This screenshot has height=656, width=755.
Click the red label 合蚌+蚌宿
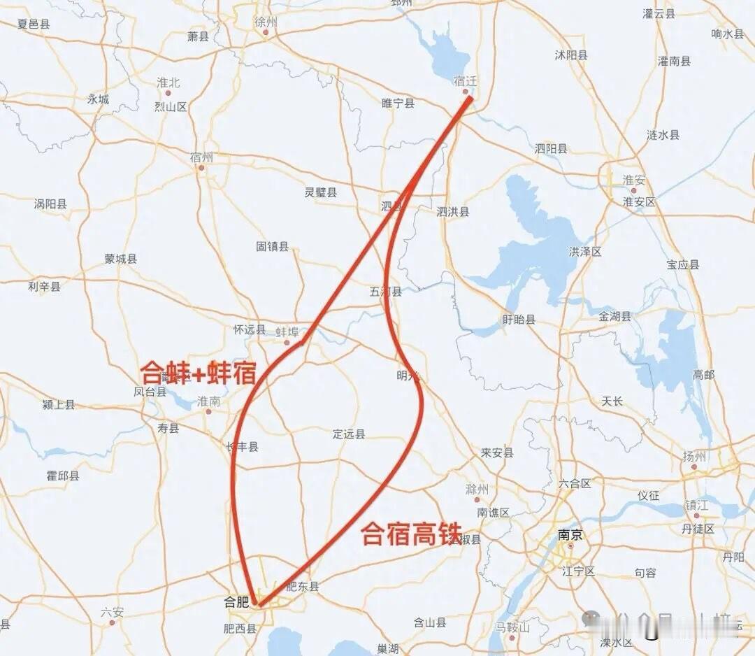coord(199,373)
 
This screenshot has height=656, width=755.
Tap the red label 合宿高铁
coord(412,534)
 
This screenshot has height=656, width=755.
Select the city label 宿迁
coord(465,81)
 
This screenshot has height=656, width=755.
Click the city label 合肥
coord(236,601)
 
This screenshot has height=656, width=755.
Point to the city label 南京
coord(570,536)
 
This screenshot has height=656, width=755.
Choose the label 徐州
coord(266,22)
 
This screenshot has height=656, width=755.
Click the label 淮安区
coord(639,202)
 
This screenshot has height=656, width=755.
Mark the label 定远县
coord(349,434)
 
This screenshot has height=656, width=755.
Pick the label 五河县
coord(386,292)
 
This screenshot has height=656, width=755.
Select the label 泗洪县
coord(453,212)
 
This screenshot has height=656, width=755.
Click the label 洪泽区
coord(585,252)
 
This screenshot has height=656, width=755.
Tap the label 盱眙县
coord(519,320)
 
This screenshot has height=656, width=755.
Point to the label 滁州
coord(477,490)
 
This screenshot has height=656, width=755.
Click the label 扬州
coord(693,457)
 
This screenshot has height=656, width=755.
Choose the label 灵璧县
coord(320,192)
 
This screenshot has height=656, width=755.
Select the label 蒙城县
coord(121,259)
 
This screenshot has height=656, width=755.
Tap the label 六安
coord(112,612)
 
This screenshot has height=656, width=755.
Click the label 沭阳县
coord(571,55)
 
